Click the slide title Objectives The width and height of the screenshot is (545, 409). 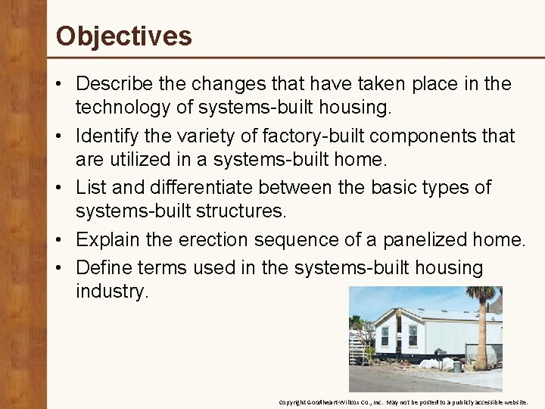click(124, 36)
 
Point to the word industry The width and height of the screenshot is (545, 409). click(112, 292)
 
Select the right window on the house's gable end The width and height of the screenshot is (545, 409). click(413, 334)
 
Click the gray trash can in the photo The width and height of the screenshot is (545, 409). click(457, 365)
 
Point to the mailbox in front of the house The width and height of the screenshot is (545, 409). click(440, 353)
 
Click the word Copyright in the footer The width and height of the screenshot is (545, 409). click(292, 402)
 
